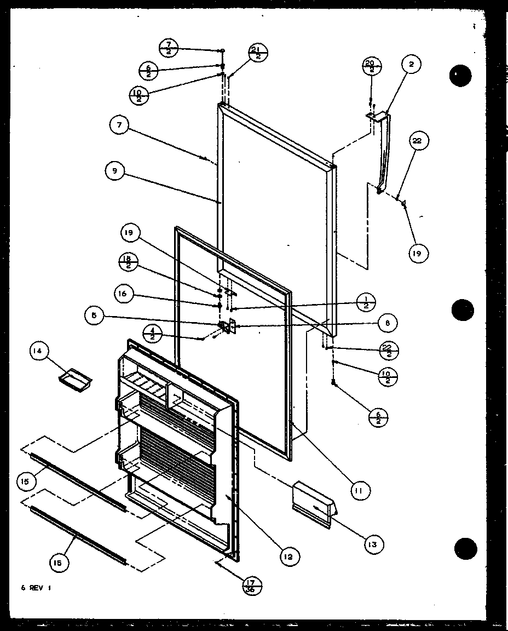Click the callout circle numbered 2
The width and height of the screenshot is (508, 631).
click(411, 65)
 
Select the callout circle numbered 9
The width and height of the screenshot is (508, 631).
click(114, 171)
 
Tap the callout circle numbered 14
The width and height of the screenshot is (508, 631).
click(41, 352)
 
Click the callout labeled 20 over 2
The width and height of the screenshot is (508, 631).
click(371, 66)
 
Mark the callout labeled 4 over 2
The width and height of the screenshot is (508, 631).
click(152, 332)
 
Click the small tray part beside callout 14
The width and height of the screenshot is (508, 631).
click(75, 377)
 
